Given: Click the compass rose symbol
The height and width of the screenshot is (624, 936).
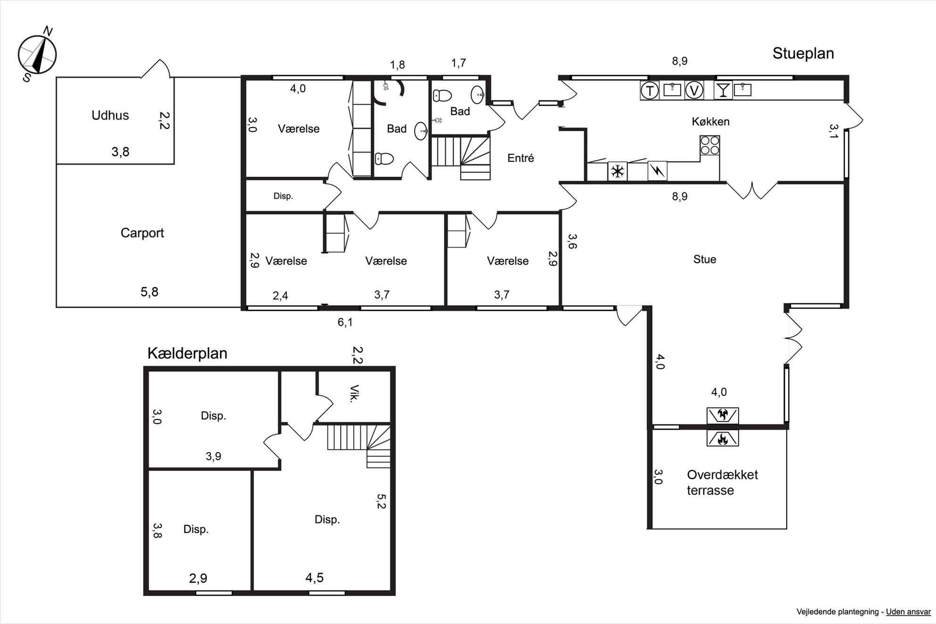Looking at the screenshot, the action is pos(37,55).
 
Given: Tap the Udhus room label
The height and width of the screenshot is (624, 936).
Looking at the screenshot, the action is pos(110,115).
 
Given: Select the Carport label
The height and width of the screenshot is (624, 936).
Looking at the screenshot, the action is pos(142,233).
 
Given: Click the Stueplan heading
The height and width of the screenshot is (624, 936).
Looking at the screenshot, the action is pos(803,54).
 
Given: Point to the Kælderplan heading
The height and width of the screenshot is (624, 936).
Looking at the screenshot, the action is pos(187,353).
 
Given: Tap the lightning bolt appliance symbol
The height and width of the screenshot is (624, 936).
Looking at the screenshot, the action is pos(657,171).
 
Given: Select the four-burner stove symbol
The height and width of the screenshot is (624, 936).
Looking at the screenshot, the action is pos(710,145).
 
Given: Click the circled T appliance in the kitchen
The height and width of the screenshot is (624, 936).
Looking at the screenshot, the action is pos(650,90).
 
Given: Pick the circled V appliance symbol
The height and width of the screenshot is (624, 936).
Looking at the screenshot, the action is pos(694,90).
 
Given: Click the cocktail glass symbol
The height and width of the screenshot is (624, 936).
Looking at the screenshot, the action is pos(723,90).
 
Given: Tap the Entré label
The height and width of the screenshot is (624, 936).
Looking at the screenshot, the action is pos(521,158).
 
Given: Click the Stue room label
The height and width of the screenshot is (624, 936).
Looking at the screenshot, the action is pos(705,259).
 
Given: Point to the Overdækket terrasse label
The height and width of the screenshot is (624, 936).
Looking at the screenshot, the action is pos(722,483).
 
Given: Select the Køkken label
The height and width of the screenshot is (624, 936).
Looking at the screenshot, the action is pos(710,122).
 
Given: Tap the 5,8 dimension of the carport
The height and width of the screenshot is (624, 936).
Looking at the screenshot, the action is pos(150,292).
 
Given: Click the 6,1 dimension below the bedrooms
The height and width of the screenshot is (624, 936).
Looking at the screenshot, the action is pos(345,323).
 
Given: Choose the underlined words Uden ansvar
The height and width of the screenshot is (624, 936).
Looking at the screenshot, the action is pos(908,612).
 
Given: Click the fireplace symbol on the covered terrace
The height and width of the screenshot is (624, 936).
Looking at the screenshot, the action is pos(722,439).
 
